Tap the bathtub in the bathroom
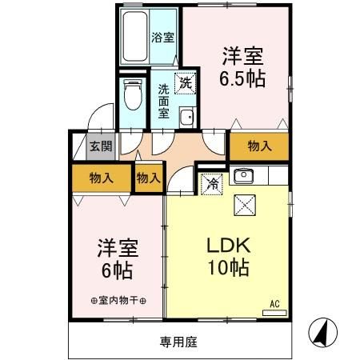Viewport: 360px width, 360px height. click(x=137, y=38)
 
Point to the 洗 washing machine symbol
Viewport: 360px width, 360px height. click(x=185, y=82)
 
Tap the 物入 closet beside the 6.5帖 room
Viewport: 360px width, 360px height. click(x=258, y=146)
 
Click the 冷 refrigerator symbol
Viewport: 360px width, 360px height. click(x=211, y=182)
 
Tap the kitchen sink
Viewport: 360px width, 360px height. click(x=242, y=175)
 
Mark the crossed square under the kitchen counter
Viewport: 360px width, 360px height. click(x=243, y=205)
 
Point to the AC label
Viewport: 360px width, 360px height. click(x=274, y=303)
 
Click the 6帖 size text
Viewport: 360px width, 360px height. click(x=115, y=269)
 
